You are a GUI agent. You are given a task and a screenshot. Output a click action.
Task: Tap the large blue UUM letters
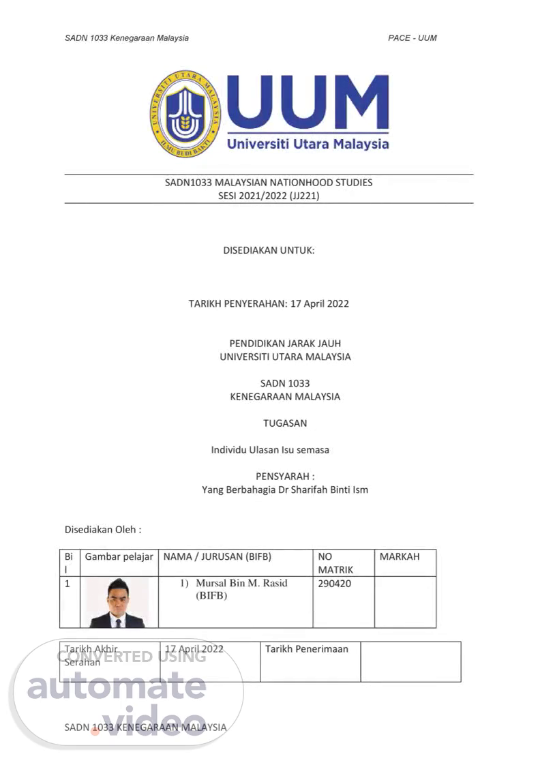tap(307, 104)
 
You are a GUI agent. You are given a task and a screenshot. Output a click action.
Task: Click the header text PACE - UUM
tap(412, 38)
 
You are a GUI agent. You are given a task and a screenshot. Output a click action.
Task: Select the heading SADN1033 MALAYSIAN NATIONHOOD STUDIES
tap(269, 183)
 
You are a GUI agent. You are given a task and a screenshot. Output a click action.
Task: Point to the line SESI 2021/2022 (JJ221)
tap(269, 196)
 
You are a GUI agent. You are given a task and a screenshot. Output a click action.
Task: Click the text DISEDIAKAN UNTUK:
tap(269, 250)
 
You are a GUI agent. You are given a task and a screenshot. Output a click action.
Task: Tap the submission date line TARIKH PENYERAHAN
tap(269, 303)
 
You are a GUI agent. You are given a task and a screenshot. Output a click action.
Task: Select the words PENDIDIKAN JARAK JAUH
tap(285, 344)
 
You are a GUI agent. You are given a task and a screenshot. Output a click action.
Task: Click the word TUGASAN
tap(285, 423)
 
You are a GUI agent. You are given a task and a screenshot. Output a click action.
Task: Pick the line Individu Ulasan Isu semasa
tap(270, 450)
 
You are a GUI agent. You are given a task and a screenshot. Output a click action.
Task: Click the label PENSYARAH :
tap(285, 477)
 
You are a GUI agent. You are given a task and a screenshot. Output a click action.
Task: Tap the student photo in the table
tap(118, 603)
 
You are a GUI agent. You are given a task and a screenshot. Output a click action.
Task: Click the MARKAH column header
tap(400, 556)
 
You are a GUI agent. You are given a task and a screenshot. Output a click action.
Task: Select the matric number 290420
tap(335, 584)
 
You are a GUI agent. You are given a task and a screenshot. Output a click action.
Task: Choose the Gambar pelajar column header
tap(119, 556)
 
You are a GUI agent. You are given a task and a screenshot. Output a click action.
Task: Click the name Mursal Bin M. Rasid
tap(241, 584)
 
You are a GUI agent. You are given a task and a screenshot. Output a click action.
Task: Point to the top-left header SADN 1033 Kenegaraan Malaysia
tap(127, 38)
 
